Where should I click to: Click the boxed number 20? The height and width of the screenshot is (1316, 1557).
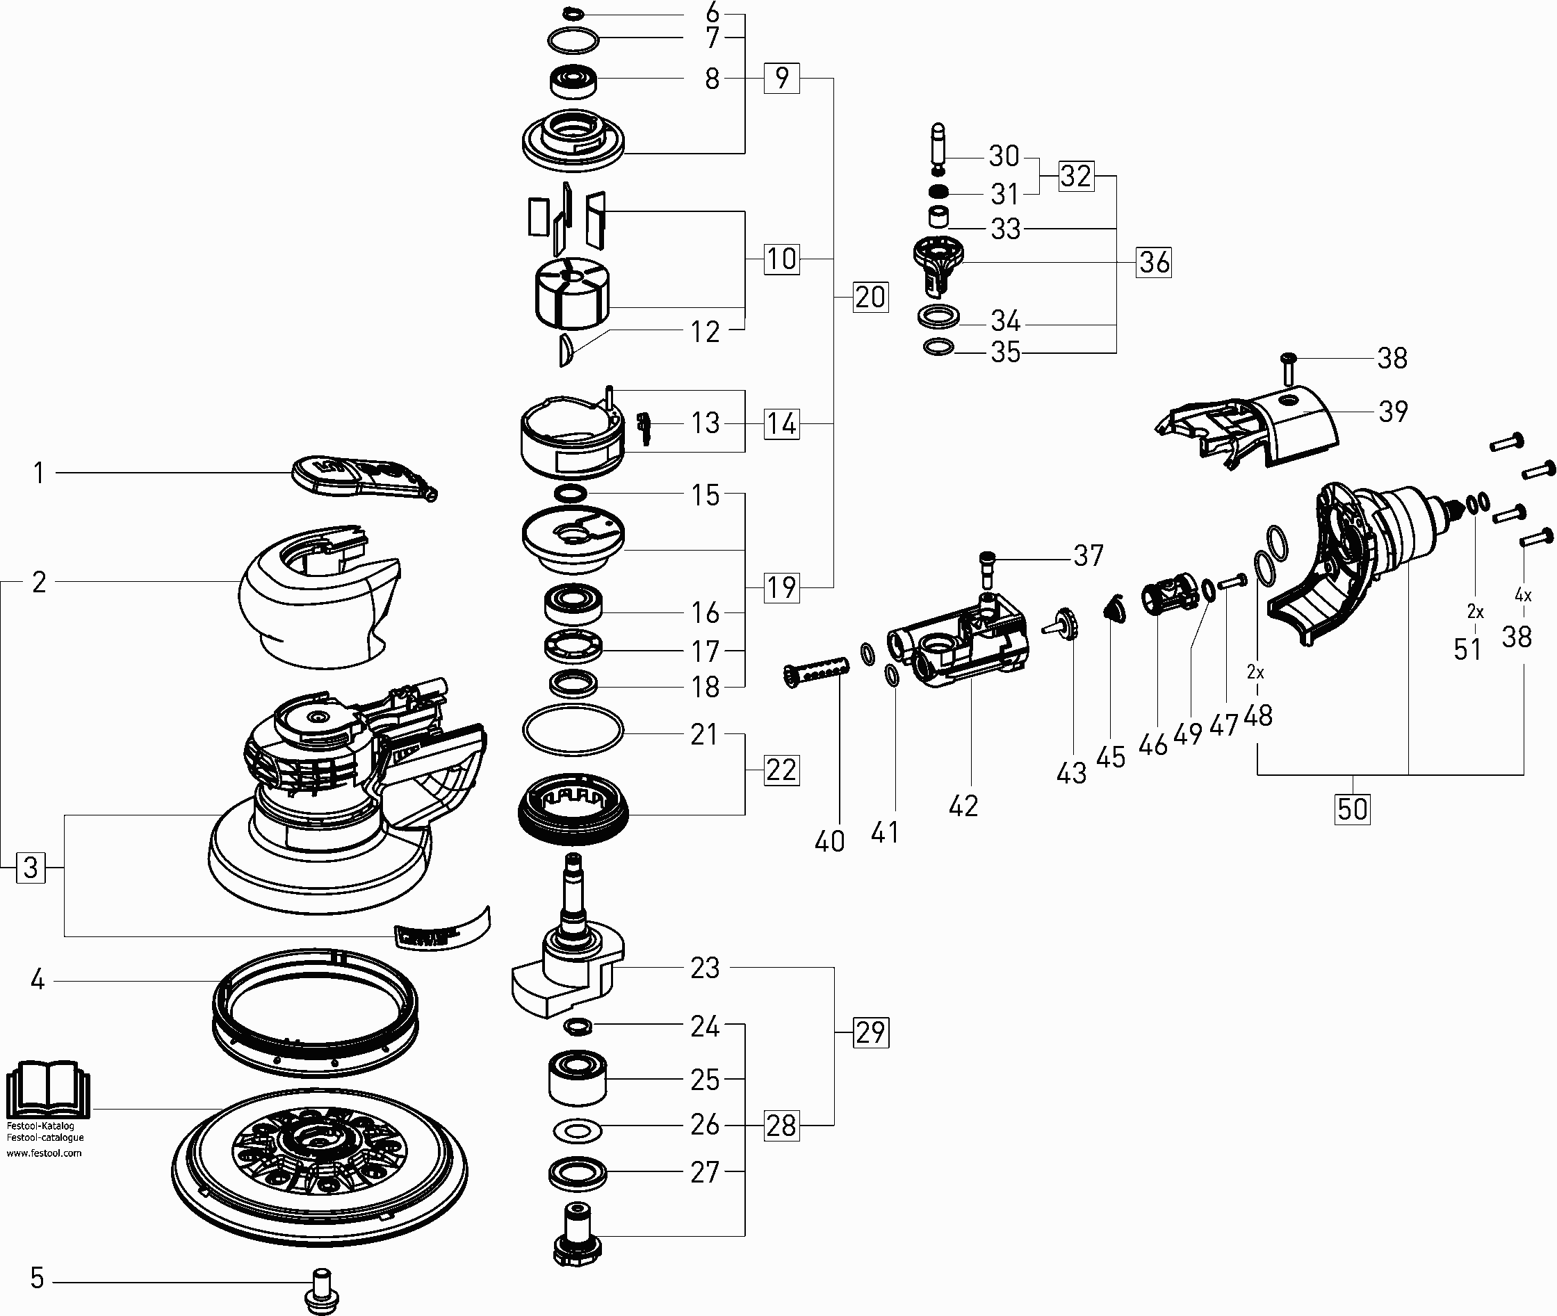870,297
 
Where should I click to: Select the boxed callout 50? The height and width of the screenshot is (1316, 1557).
1352,809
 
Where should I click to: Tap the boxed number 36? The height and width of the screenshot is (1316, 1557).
1153,262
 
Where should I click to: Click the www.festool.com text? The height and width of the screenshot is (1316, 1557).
44,1153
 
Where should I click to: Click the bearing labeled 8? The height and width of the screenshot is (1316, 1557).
573,81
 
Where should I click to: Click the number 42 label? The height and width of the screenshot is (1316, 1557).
963,806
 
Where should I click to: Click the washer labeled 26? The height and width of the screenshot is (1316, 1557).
578,1131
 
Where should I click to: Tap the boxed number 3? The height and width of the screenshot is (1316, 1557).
31,868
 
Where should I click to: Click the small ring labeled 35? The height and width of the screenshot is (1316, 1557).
938,347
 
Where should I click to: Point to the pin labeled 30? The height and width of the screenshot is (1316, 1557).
938,145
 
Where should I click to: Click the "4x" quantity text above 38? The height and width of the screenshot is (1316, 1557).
1523,595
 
